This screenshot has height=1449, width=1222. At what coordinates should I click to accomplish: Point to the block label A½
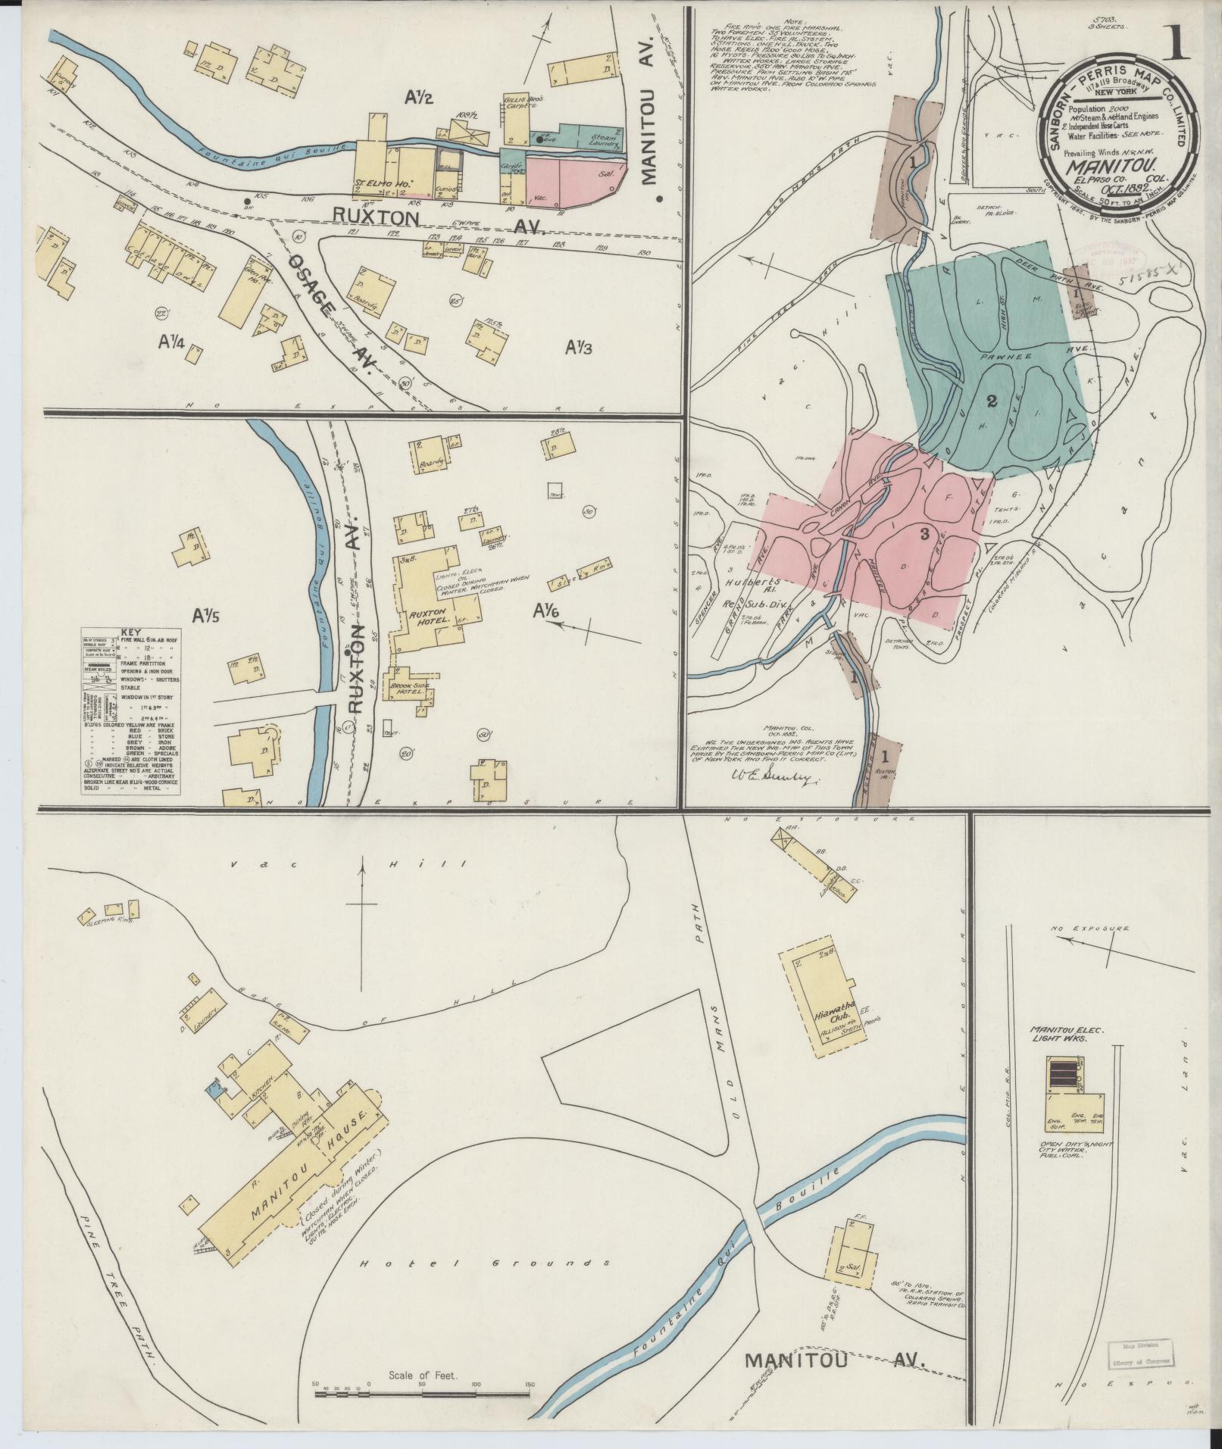(417, 97)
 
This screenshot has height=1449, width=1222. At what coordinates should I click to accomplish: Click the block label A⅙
(545, 608)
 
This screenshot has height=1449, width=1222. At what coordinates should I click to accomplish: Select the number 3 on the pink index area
(924, 533)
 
